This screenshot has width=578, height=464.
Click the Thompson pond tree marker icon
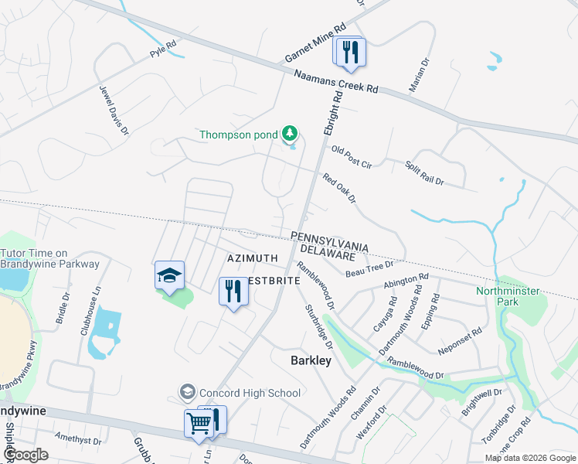[290, 135]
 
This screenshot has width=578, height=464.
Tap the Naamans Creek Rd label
[336, 80]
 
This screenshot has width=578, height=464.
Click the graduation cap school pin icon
[169, 276]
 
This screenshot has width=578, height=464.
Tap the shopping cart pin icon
[199, 425]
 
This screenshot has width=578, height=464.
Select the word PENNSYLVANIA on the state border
[329, 241]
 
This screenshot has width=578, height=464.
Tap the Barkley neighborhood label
[311, 360]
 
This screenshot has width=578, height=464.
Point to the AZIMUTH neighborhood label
[252, 257]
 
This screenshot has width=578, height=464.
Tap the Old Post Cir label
[352, 157]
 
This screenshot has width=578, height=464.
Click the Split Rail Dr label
[424, 172]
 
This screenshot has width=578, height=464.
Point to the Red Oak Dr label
[340, 188]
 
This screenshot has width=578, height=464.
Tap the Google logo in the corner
[26, 455]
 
